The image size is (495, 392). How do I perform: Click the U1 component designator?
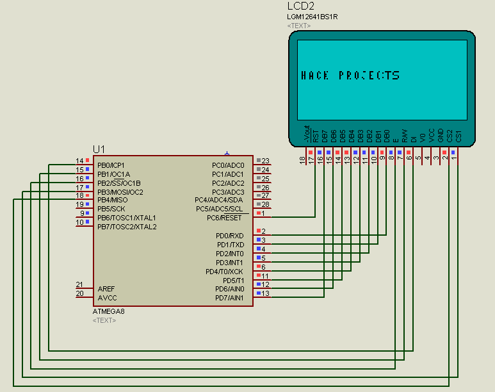(x=99, y=149)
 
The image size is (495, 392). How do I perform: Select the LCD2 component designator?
(x=301, y=6)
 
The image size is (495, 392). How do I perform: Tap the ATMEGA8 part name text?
(x=110, y=311)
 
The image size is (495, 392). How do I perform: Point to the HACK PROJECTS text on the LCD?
(x=350, y=76)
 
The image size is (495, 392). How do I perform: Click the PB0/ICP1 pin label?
(x=111, y=165)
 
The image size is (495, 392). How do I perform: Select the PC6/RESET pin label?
(x=224, y=218)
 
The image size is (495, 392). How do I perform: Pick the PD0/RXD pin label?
(x=229, y=236)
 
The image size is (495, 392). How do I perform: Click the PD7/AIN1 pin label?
(x=229, y=298)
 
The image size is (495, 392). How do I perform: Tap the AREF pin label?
(x=106, y=289)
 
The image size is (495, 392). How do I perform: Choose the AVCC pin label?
(x=107, y=298)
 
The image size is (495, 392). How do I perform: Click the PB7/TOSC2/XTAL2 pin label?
(x=127, y=227)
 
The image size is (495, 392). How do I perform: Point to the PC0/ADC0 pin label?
(x=227, y=165)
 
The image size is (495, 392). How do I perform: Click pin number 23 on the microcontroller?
(x=265, y=161)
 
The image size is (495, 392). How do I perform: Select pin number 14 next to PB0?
(x=79, y=161)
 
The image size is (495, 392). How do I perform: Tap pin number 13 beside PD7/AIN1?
(x=265, y=293)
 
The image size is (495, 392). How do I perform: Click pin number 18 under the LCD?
(x=303, y=159)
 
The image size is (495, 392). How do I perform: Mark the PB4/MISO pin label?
(x=112, y=200)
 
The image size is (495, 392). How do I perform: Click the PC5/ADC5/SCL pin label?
(x=219, y=209)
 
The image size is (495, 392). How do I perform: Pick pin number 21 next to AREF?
(x=79, y=284)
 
